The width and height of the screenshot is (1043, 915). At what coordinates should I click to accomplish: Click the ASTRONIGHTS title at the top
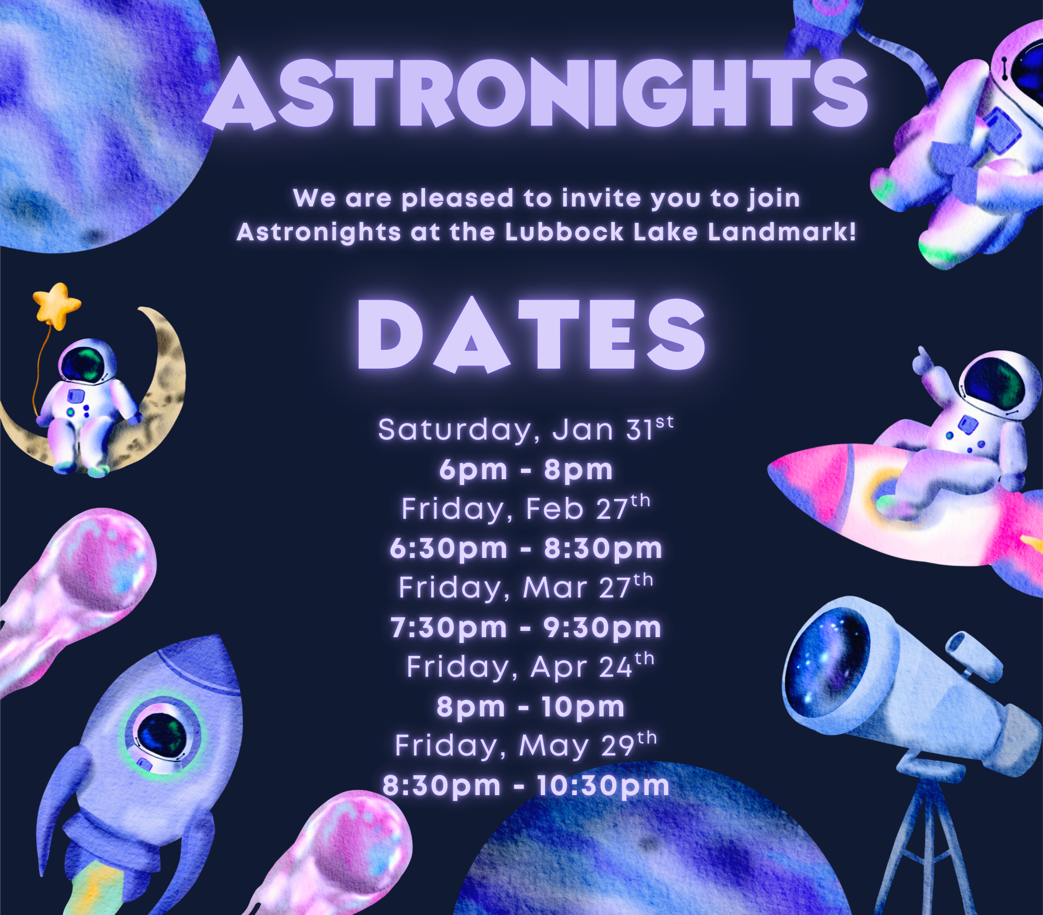(535, 94)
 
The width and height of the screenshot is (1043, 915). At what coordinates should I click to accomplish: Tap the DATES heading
(531, 335)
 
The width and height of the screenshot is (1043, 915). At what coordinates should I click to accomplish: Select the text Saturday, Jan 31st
(525, 430)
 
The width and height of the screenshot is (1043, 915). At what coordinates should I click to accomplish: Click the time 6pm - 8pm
(526, 470)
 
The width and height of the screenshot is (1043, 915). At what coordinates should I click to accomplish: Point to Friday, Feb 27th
(525, 509)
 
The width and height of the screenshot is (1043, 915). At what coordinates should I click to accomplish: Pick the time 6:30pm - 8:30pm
(526, 548)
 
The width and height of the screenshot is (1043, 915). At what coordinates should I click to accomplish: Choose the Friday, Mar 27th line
(525, 588)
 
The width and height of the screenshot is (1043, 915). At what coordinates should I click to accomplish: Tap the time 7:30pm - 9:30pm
(526, 627)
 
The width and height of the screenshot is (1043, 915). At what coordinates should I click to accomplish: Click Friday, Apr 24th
(529, 667)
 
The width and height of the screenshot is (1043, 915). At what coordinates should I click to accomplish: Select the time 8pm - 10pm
(530, 707)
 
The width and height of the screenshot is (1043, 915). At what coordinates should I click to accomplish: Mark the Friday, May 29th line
(525, 746)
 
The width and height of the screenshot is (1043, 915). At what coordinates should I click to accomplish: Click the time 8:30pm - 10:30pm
(526, 786)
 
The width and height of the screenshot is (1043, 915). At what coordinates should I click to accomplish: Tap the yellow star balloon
(56, 304)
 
